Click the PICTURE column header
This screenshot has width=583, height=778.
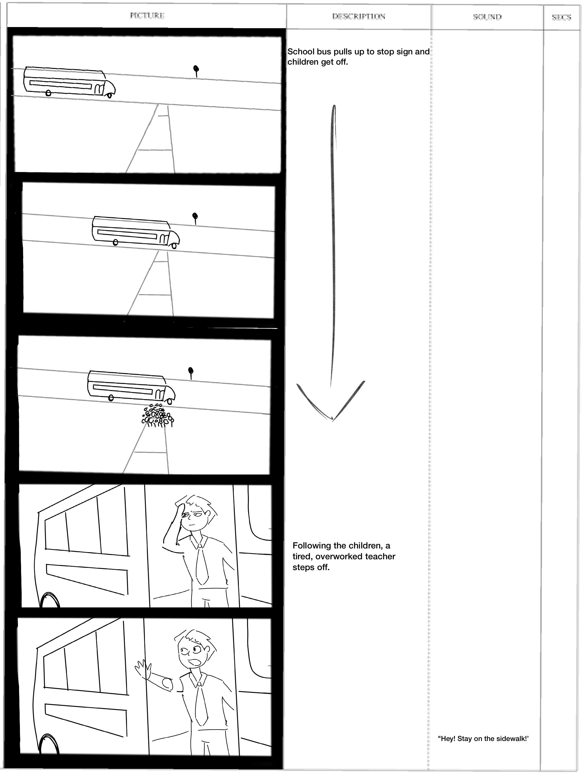(147, 15)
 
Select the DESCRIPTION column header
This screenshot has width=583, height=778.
(359, 16)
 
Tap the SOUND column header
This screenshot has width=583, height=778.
(487, 17)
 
